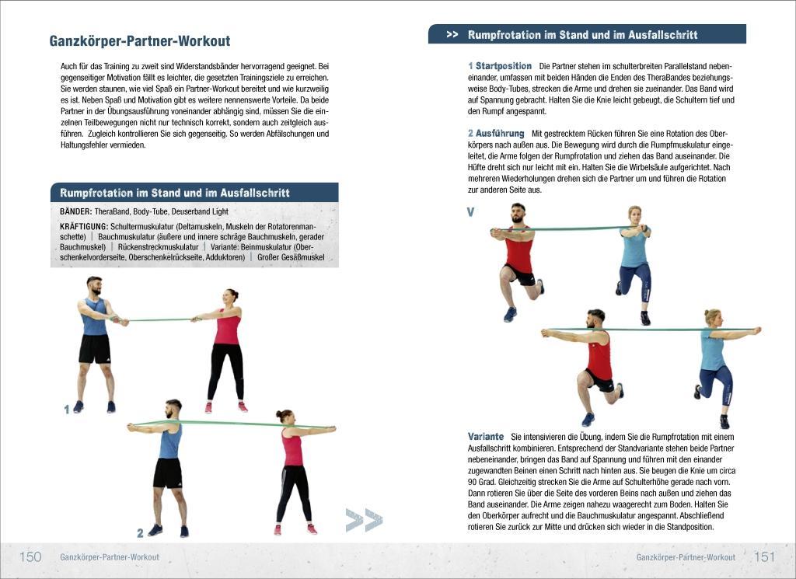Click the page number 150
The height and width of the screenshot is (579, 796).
coord(30,556)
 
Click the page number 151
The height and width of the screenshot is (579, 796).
coord(764,556)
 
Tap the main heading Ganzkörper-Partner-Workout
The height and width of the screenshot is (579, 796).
coord(140,41)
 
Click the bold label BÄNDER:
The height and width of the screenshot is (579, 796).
coord(76,211)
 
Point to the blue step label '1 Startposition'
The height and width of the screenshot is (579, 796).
coord(500,66)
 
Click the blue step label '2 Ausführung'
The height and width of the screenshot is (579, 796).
coord(496,134)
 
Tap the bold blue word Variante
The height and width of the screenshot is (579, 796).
coord(486,436)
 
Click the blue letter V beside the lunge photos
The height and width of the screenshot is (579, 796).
coord(470,211)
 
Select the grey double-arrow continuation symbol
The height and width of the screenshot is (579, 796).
coord(364,520)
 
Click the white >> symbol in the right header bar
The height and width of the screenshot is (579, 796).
coord(452,34)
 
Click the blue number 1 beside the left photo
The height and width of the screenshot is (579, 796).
coord(67,410)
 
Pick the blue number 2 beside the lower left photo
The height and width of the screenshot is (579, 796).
coord(140,533)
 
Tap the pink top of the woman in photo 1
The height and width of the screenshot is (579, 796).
coord(228,326)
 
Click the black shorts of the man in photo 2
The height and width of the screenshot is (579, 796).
coord(167,473)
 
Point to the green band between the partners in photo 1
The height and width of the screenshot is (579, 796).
coord(159,319)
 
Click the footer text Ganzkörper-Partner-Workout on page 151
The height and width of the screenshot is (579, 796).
coord(685,557)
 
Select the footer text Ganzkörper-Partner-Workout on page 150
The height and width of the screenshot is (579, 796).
coord(110,557)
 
